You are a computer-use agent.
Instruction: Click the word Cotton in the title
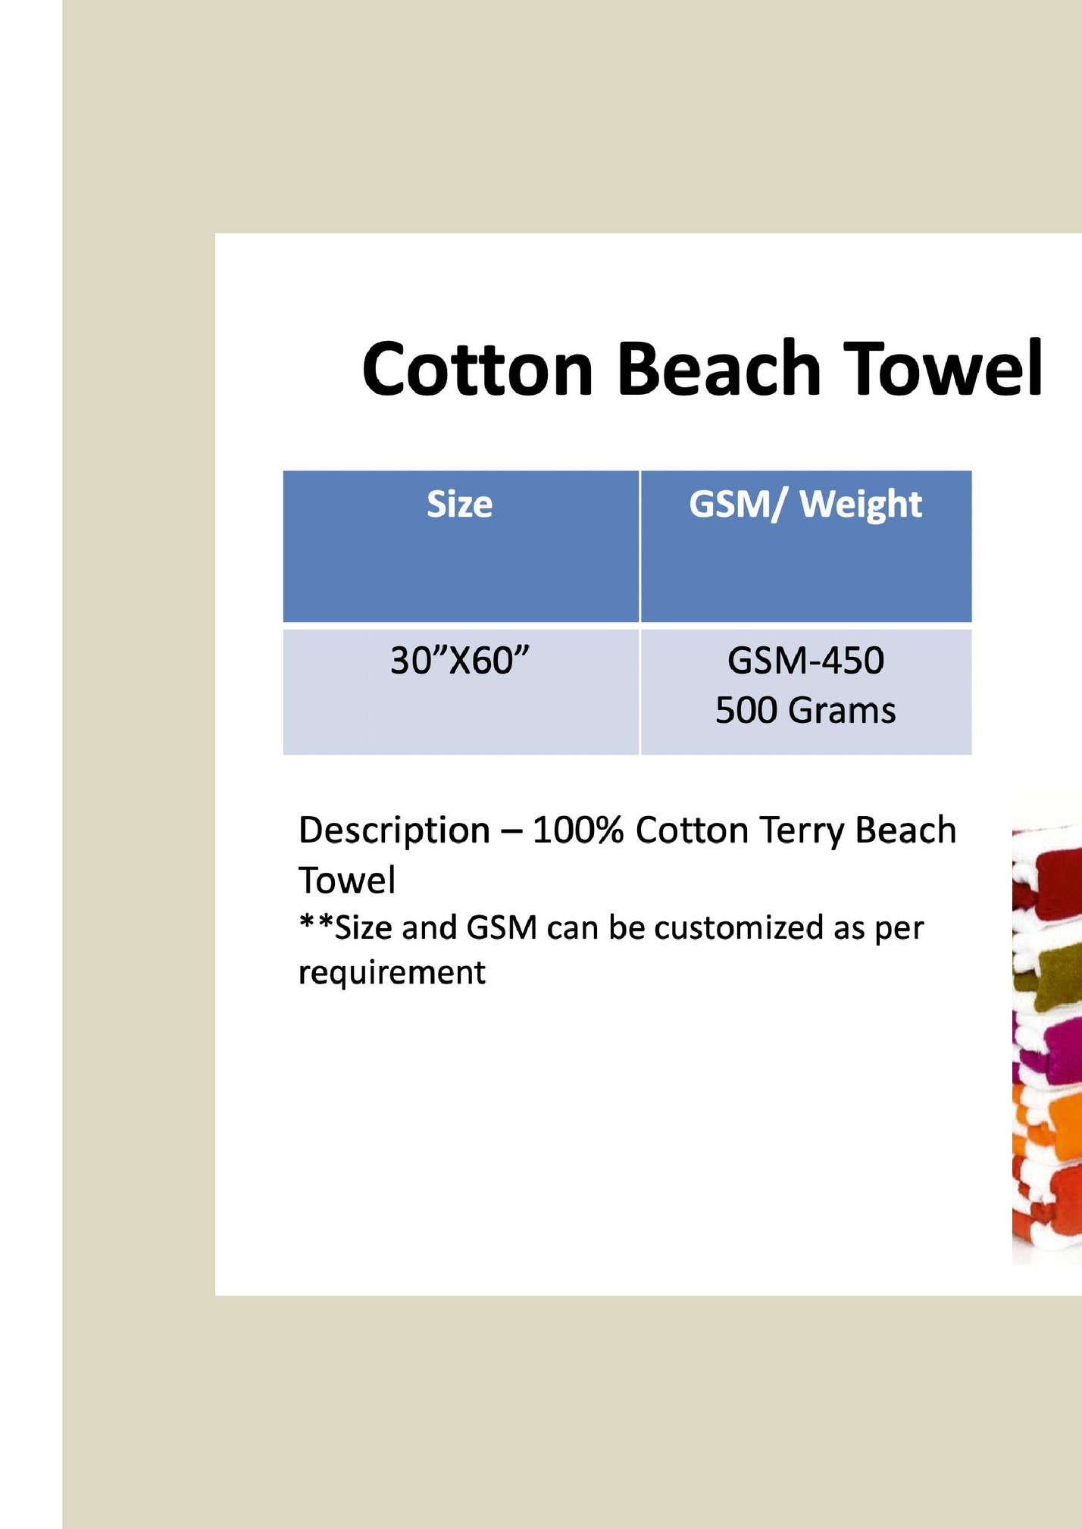tap(477, 369)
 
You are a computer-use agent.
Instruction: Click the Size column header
tap(459, 504)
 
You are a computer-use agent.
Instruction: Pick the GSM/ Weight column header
tap(805, 505)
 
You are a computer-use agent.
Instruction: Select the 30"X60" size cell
tap(459, 660)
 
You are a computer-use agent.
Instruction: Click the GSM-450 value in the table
tap(805, 660)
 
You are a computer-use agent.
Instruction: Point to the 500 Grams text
tap(805, 710)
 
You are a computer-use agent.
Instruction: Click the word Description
tap(394, 831)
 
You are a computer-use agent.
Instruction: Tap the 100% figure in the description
tap(578, 830)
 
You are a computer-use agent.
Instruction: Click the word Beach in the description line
tap(905, 830)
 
